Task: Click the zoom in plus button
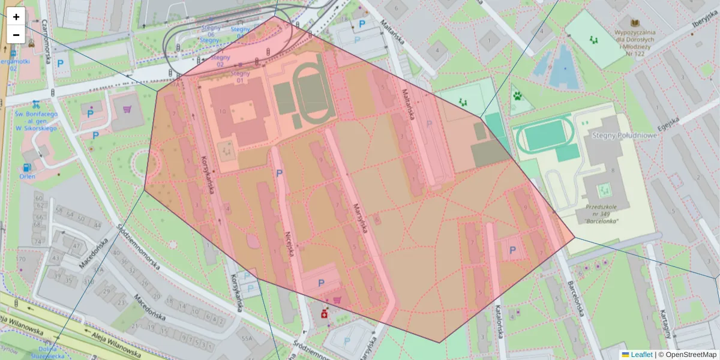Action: tap(16, 17)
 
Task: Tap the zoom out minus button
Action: tap(16, 35)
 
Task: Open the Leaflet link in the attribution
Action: tap(641, 355)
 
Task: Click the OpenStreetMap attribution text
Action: tap(689, 355)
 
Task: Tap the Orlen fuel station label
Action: tap(27, 176)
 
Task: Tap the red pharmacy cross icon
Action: tap(325, 314)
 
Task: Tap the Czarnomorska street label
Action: tap(44, 36)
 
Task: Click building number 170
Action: tap(22, 259)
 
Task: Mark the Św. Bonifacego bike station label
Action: tap(36, 121)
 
